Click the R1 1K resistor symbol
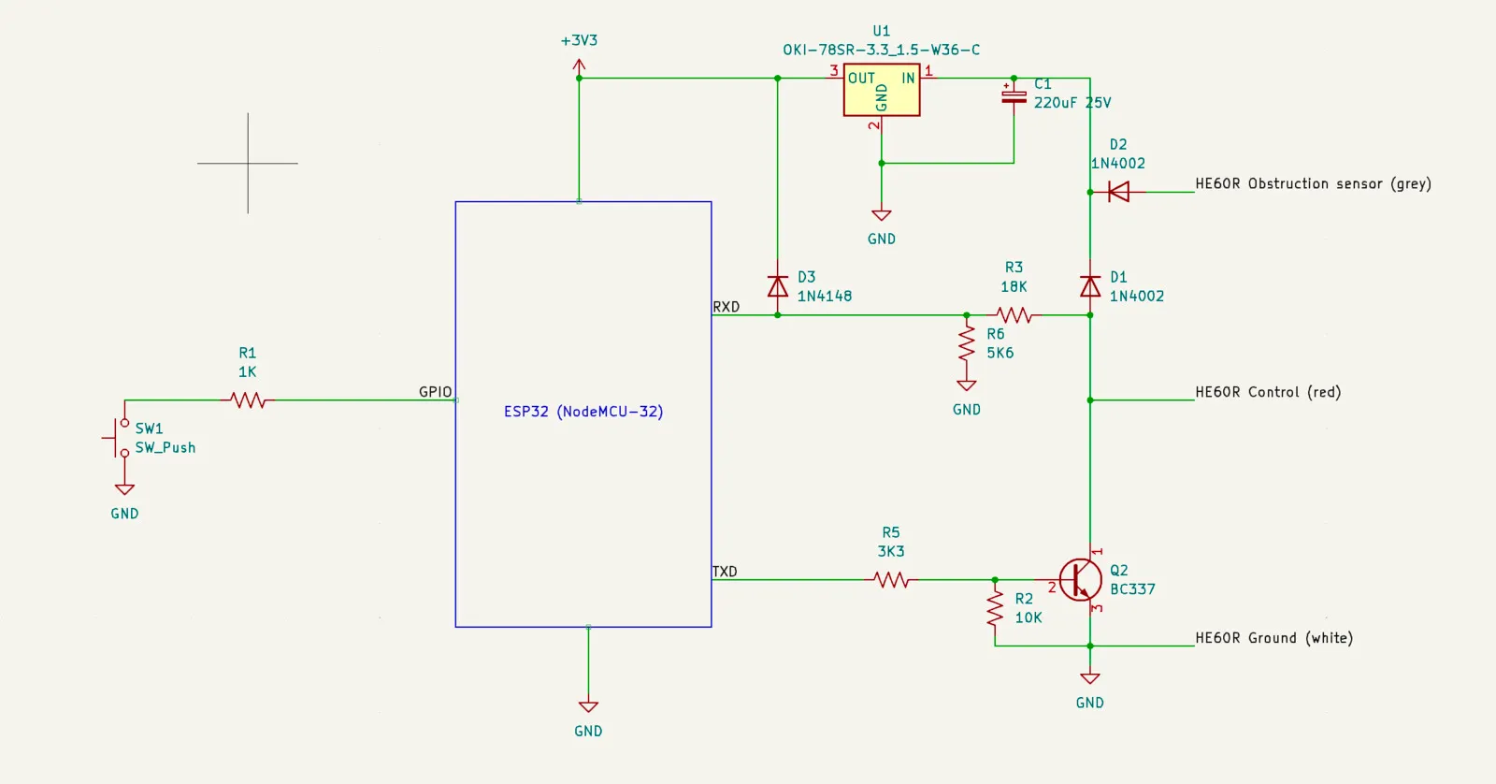(248, 400)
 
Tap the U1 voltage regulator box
(881, 90)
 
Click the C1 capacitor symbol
(1014, 94)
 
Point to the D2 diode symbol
(1118, 192)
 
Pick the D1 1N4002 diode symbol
(1090, 286)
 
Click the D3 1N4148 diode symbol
(777, 286)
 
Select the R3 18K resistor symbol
(1014, 315)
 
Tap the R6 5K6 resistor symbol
(967, 344)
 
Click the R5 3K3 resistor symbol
(892, 580)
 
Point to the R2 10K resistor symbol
(995, 609)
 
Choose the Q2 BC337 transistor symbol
(1082, 580)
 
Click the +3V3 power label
(579, 41)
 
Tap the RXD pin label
(726, 307)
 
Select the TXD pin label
(726, 572)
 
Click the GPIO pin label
(435, 392)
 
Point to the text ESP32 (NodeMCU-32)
(583, 412)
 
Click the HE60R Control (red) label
(1268, 392)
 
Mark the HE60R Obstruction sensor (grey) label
(1313, 184)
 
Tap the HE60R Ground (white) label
(1273, 638)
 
